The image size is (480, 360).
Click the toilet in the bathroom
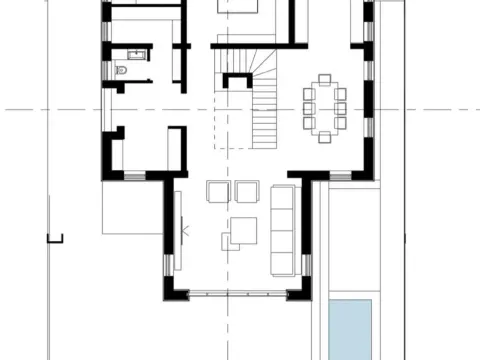coord(121,71)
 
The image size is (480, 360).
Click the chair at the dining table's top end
coord(323,79)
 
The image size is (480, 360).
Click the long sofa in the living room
coord(283,229)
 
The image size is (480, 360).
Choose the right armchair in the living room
coord(247,191)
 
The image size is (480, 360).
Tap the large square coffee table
coord(245,230)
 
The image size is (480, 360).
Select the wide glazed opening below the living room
coord(238,293)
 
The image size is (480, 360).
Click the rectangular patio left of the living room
coord(131,206)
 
